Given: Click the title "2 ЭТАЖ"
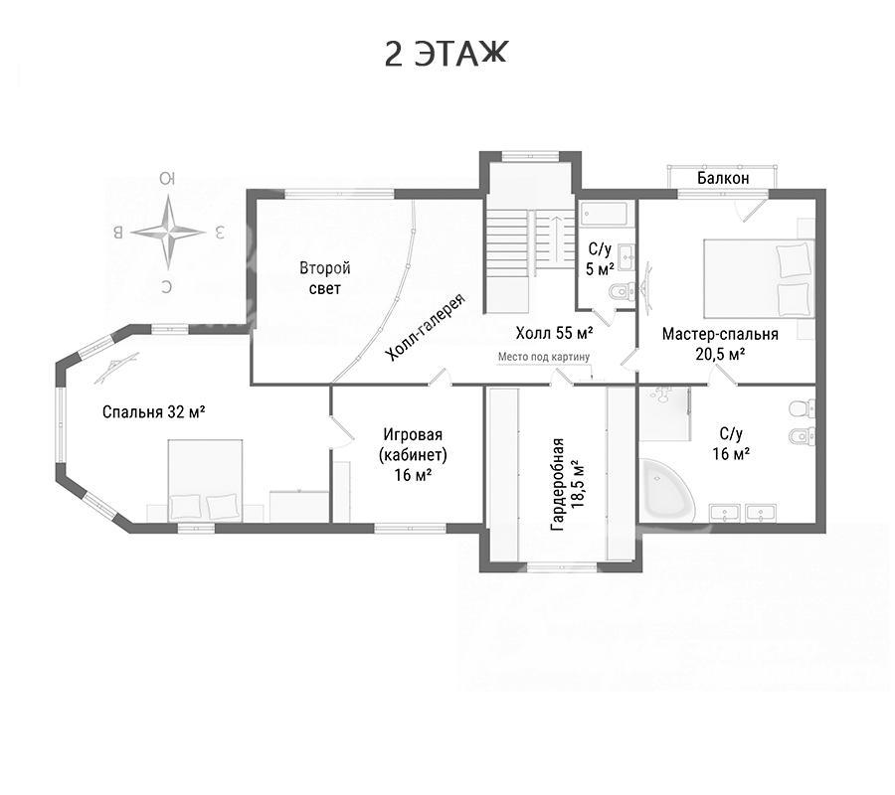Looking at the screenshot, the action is (446, 55).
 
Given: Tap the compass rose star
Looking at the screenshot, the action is (168, 233).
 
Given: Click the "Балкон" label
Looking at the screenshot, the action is (723, 178).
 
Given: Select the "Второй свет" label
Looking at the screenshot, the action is (325, 277).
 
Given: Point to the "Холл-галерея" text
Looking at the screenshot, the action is (426, 327).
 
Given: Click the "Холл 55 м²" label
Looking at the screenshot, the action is (554, 332).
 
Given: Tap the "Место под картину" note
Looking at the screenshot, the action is (543, 357).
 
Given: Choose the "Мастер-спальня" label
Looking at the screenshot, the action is (720, 334).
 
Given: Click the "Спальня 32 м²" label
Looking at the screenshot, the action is (153, 411).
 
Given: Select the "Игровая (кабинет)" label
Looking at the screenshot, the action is (412, 445).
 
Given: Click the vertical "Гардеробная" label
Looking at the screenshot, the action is (558, 485).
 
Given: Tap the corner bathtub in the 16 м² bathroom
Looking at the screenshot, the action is (666, 491).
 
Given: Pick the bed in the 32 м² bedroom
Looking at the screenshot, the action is (205, 480).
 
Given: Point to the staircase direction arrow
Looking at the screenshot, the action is (556, 238).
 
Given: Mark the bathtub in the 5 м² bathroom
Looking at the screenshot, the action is (605, 215).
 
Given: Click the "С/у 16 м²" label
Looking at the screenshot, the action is (731, 443).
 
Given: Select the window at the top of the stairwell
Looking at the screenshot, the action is (530, 154).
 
